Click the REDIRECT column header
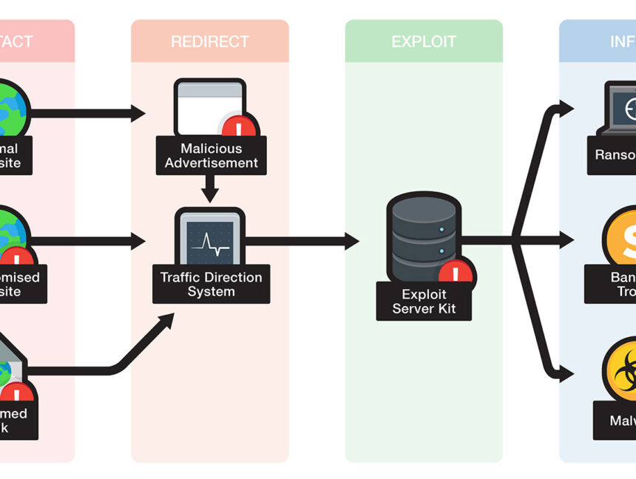coord(209,41)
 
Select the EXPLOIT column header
coord(424,41)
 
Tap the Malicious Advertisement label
coord(211,155)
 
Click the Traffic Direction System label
coord(211,284)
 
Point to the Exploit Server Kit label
coord(424,301)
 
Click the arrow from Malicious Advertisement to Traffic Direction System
coord(210,189)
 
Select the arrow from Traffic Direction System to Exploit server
coord(303,240)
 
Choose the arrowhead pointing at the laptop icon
coord(566,109)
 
